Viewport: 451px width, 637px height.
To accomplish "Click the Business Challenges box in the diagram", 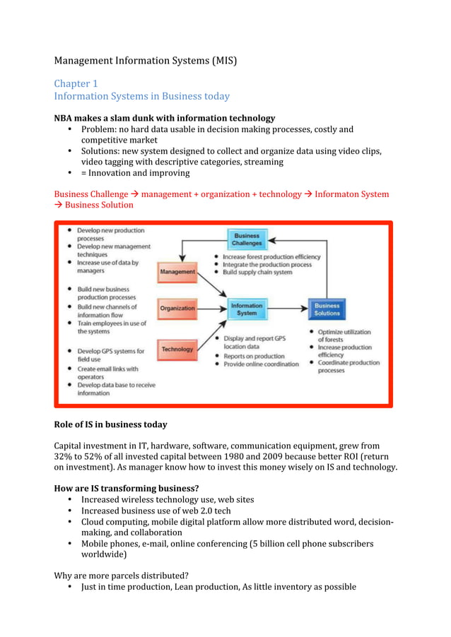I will click(247, 239).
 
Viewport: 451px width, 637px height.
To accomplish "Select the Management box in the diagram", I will click(177, 272).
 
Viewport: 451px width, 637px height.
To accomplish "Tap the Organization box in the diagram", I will click(177, 309).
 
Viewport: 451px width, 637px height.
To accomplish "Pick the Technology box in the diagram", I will click(177, 349).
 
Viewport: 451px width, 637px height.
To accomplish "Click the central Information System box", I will click(247, 309).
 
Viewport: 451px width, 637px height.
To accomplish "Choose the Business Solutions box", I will click(327, 309).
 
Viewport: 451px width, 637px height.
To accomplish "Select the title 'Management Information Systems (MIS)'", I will click(145, 61).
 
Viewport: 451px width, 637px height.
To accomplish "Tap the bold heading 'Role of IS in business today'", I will click(110, 424).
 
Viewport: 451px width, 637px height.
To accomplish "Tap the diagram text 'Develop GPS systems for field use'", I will click(110, 355).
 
